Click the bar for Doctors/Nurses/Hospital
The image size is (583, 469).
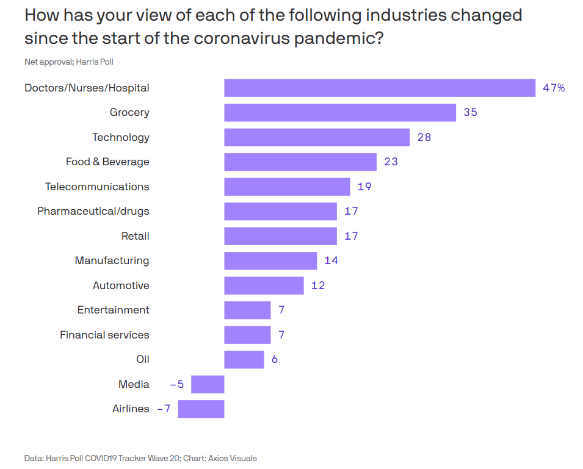click(x=380, y=88)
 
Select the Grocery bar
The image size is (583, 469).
click(x=340, y=112)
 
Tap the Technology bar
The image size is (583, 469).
click(x=317, y=137)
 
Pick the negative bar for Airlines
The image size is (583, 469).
click(x=201, y=409)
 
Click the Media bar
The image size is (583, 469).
click(x=208, y=384)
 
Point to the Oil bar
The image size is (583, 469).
click(x=244, y=359)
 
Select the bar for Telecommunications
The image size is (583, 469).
click(x=287, y=187)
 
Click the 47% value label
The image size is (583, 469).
click(x=554, y=88)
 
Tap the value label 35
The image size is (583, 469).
click(x=470, y=112)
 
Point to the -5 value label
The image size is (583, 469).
click(x=177, y=384)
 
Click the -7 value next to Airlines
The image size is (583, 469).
click(x=164, y=409)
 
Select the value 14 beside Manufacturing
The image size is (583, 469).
click(x=331, y=260)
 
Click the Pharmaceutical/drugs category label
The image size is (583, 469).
click(x=93, y=211)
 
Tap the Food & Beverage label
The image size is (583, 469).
click(x=107, y=162)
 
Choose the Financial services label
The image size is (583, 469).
click(x=104, y=335)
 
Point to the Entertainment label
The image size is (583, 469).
click(x=114, y=310)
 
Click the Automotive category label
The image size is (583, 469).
click(x=121, y=285)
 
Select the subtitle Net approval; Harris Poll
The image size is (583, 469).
click(x=69, y=62)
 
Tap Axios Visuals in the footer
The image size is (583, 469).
click(x=233, y=459)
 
